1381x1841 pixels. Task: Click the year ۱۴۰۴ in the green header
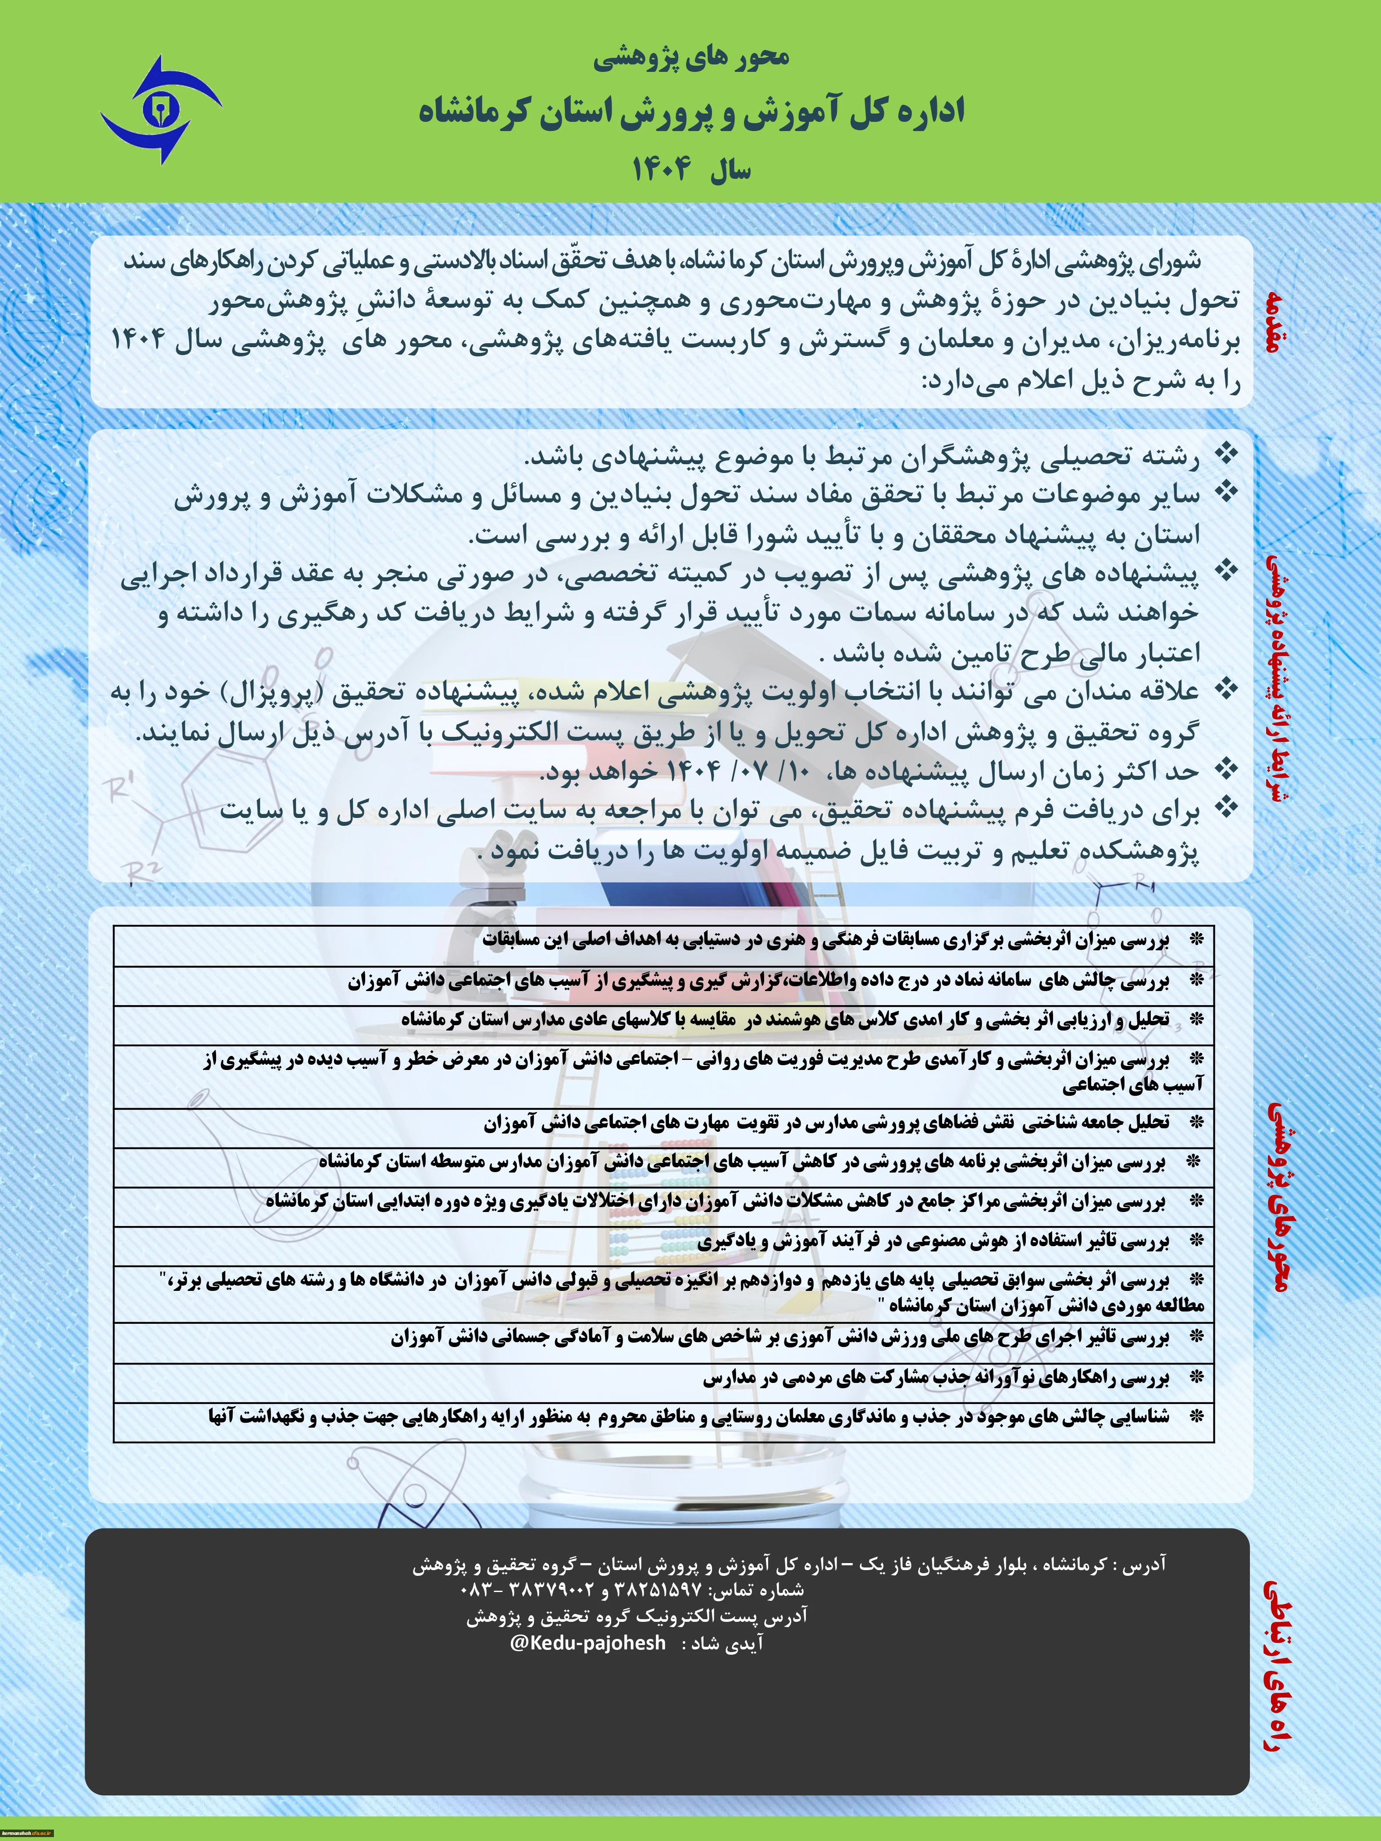click(662, 170)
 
